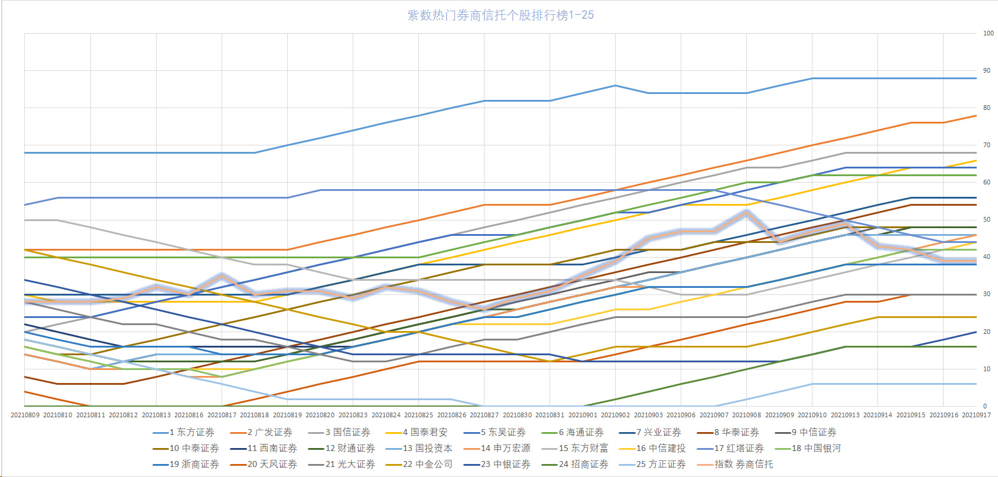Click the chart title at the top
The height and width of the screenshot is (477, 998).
[500, 15]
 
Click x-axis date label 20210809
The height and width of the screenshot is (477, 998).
[25, 415]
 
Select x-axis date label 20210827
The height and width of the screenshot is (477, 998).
[484, 415]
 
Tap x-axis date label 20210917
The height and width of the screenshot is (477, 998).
[976, 415]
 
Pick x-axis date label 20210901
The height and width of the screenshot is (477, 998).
[583, 415]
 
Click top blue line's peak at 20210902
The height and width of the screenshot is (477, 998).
[615, 86]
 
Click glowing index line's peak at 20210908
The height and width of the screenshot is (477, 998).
[746, 212]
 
